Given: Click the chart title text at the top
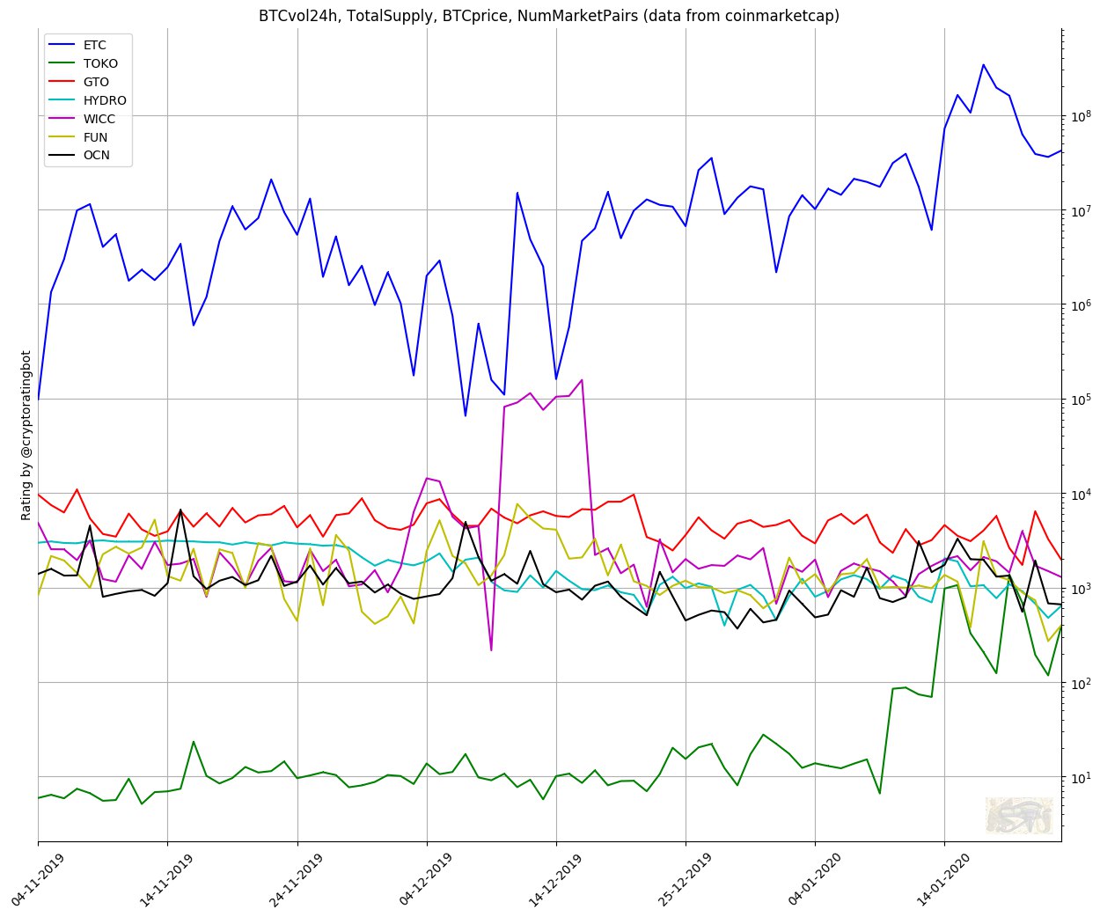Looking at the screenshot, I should [549, 16].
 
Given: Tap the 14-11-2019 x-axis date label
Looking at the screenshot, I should [150, 877].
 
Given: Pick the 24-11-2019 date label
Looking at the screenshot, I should [280, 877].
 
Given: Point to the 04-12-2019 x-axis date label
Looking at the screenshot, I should [409, 877].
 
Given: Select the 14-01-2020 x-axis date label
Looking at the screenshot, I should [928, 877].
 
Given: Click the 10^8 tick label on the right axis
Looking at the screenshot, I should [1080, 114].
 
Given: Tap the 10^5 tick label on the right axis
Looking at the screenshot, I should [1080, 398].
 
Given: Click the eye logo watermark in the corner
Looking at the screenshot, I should [1018, 815].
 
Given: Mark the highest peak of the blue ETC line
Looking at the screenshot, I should [983, 64].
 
